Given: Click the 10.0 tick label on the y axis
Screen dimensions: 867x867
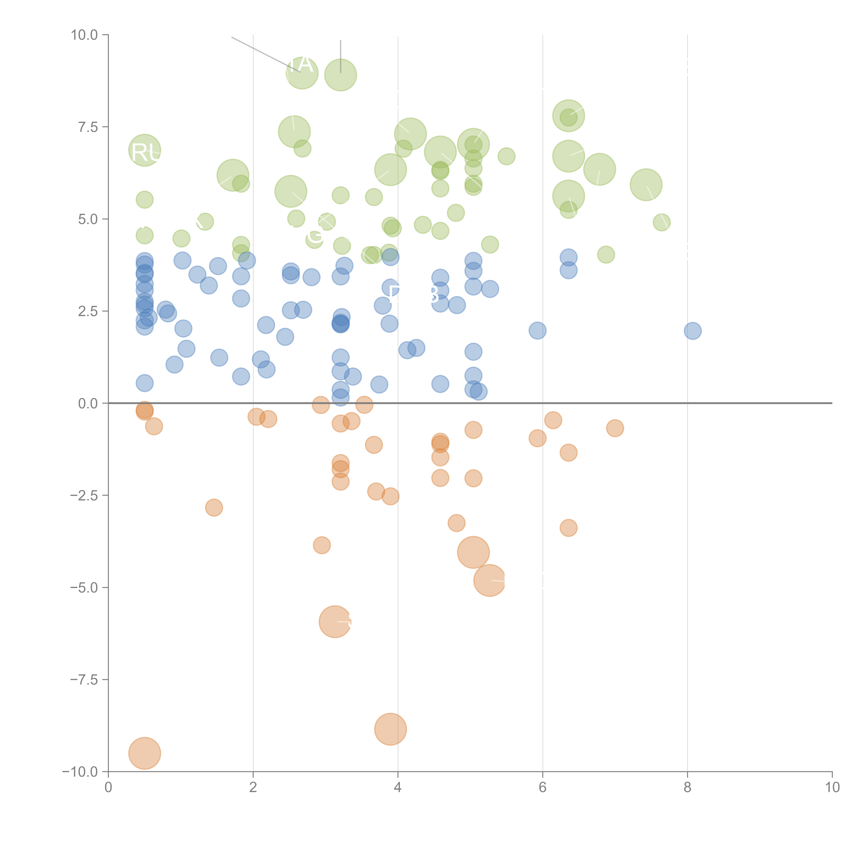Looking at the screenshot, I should pos(84,35).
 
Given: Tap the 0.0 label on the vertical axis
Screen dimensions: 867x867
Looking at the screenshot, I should pos(88,404).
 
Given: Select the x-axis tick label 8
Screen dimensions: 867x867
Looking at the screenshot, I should pos(688,788).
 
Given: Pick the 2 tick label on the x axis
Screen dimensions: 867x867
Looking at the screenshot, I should pos(253,788).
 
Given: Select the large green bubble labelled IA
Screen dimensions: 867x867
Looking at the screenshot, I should pos(302,73).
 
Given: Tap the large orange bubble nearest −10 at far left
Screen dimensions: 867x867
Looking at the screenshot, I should pos(144,753).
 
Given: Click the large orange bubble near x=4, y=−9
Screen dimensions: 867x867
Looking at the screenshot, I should pos(390,729).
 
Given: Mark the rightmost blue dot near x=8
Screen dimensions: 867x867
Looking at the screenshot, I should pos(692,331).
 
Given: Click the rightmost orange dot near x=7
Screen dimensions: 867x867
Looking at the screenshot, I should pos(615,428).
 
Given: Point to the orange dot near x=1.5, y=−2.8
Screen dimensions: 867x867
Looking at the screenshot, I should pos(214,508).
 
